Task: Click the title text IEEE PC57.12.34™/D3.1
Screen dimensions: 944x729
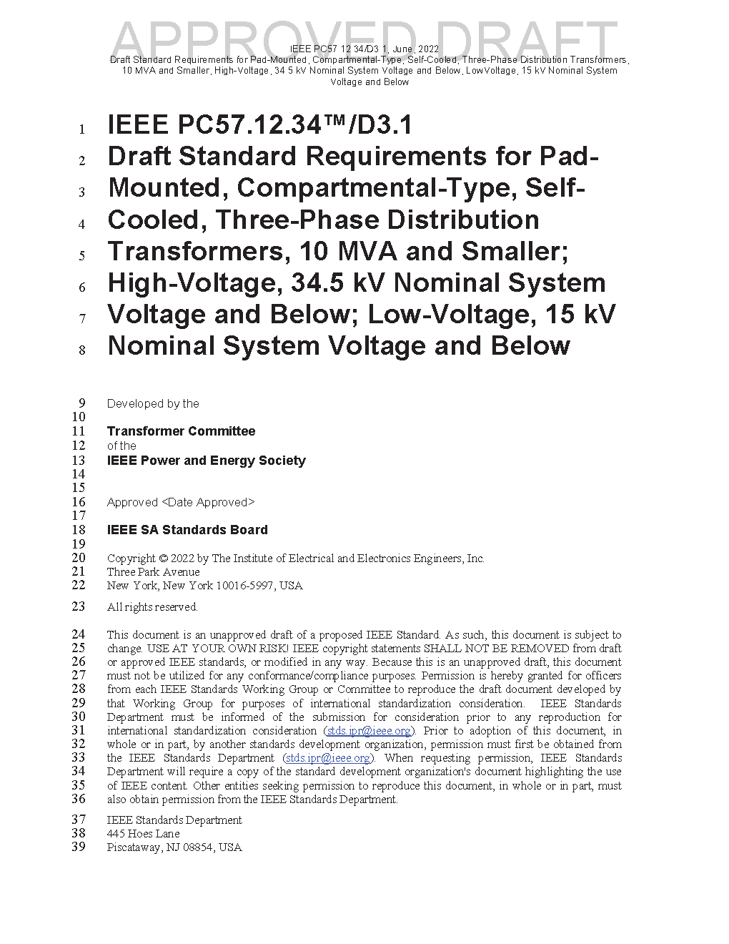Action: coord(259,126)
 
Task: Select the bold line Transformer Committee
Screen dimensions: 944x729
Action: coord(181,431)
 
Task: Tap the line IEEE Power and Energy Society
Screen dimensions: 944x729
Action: coord(206,461)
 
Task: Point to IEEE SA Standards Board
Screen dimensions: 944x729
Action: coord(187,530)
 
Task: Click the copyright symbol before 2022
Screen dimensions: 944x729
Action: coord(163,559)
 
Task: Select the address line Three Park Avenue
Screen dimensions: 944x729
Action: coord(153,572)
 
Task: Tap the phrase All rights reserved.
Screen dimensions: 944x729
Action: coord(152,607)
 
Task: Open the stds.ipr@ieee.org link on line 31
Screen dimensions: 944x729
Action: coord(369,731)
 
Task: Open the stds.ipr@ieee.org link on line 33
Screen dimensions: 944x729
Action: coord(328,758)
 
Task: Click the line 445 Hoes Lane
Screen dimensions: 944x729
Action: coord(143,834)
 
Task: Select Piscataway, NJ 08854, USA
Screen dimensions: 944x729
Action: coord(174,847)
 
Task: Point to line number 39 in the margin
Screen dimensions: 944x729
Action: coord(78,847)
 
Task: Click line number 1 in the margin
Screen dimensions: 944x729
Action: coord(82,129)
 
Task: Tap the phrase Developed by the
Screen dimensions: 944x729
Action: coord(153,404)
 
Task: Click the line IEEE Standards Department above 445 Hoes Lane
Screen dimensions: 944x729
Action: coord(174,820)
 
